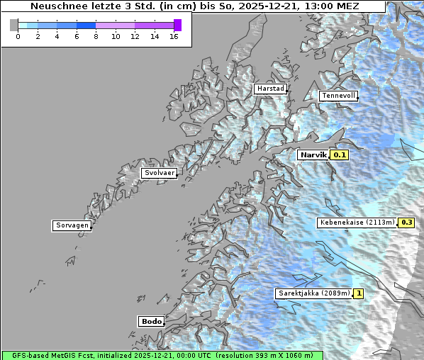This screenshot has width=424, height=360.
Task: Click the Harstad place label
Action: (270, 89)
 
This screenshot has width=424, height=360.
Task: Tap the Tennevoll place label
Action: (338, 96)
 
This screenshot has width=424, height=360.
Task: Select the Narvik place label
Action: (313, 154)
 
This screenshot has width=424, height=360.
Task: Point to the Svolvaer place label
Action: (158, 173)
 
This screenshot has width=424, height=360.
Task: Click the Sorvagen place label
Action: (72, 225)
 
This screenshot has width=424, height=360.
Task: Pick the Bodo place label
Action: (152, 321)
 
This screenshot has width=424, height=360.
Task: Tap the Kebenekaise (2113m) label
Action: (357, 223)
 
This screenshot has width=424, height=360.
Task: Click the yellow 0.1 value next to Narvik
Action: (340, 154)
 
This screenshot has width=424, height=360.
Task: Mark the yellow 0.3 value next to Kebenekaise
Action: (406, 223)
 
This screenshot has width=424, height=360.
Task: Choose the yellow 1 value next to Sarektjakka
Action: (359, 293)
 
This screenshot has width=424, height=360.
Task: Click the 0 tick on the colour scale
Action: (18, 36)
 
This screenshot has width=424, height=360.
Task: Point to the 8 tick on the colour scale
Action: (96, 36)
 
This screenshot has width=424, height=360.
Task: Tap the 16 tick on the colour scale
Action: (174, 36)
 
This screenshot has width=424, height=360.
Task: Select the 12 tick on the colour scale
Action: (135, 36)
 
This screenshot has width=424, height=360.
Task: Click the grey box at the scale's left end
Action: (14, 25)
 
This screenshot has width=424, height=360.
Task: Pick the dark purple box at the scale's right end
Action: (177, 25)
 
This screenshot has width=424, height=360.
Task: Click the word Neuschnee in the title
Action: (56, 6)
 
